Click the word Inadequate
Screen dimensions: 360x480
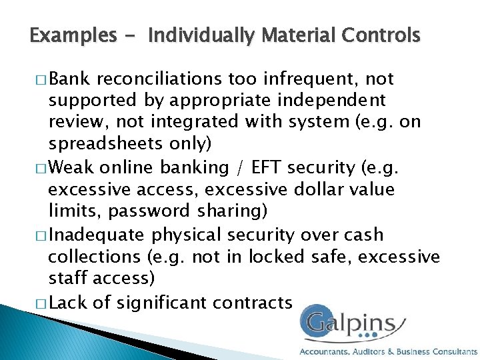(x=99, y=235)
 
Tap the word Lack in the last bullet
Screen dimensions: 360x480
(x=69, y=303)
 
